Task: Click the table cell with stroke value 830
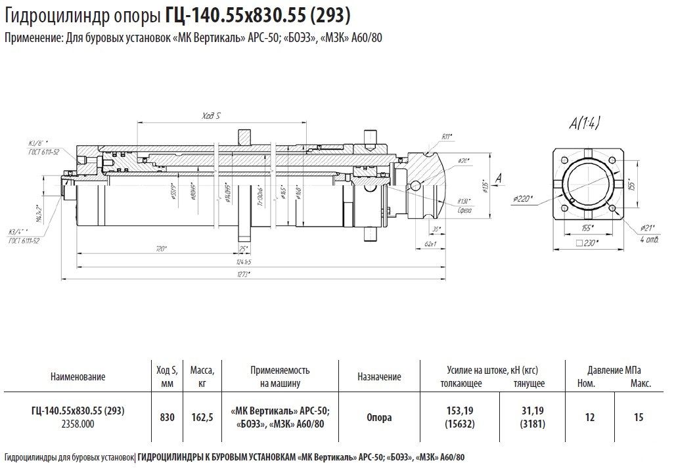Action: click(x=167, y=417)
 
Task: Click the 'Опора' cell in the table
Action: click(x=379, y=417)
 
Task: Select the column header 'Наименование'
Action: click(x=77, y=377)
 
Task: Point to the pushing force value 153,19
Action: click(x=459, y=411)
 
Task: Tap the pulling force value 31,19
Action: click(x=532, y=411)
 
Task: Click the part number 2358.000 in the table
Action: click(x=78, y=424)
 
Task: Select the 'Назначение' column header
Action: click(x=379, y=377)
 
